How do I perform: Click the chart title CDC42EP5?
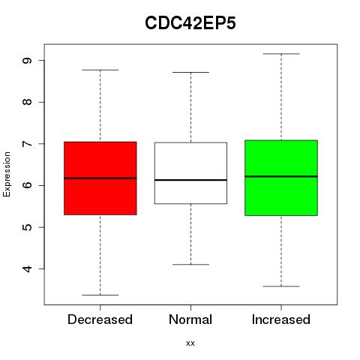pyautogui.click(x=190, y=23)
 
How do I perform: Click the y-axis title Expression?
pyautogui.click(x=7, y=174)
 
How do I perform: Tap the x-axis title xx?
pyautogui.click(x=190, y=343)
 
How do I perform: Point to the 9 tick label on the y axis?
pyautogui.click(x=27, y=61)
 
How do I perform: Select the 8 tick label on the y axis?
pyautogui.click(x=27, y=102)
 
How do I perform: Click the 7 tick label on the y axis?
pyautogui.click(x=27, y=144)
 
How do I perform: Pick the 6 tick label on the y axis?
pyautogui.click(x=27, y=185)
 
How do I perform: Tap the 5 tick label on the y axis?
pyautogui.click(x=27, y=227)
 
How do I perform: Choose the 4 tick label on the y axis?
pyautogui.click(x=27, y=268)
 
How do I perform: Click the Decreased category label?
pyautogui.click(x=100, y=319)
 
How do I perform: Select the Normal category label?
pyautogui.click(x=190, y=319)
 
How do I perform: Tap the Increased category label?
pyautogui.click(x=281, y=319)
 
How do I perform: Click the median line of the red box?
pyautogui.click(x=100, y=178)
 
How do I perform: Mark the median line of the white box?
pyautogui.click(x=190, y=180)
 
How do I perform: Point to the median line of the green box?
pyautogui.click(x=281, y=176)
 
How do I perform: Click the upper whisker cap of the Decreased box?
pyautogui.click(x=100, y=70)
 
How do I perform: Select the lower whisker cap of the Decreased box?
pyautogui.click(x=100, y=295)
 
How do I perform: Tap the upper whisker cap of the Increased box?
pyautogui.click(x=281, y=54)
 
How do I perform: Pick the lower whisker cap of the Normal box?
pyautogui.click(x=190, y=265)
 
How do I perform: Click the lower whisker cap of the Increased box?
pyautogui.click(x=281, y=286)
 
